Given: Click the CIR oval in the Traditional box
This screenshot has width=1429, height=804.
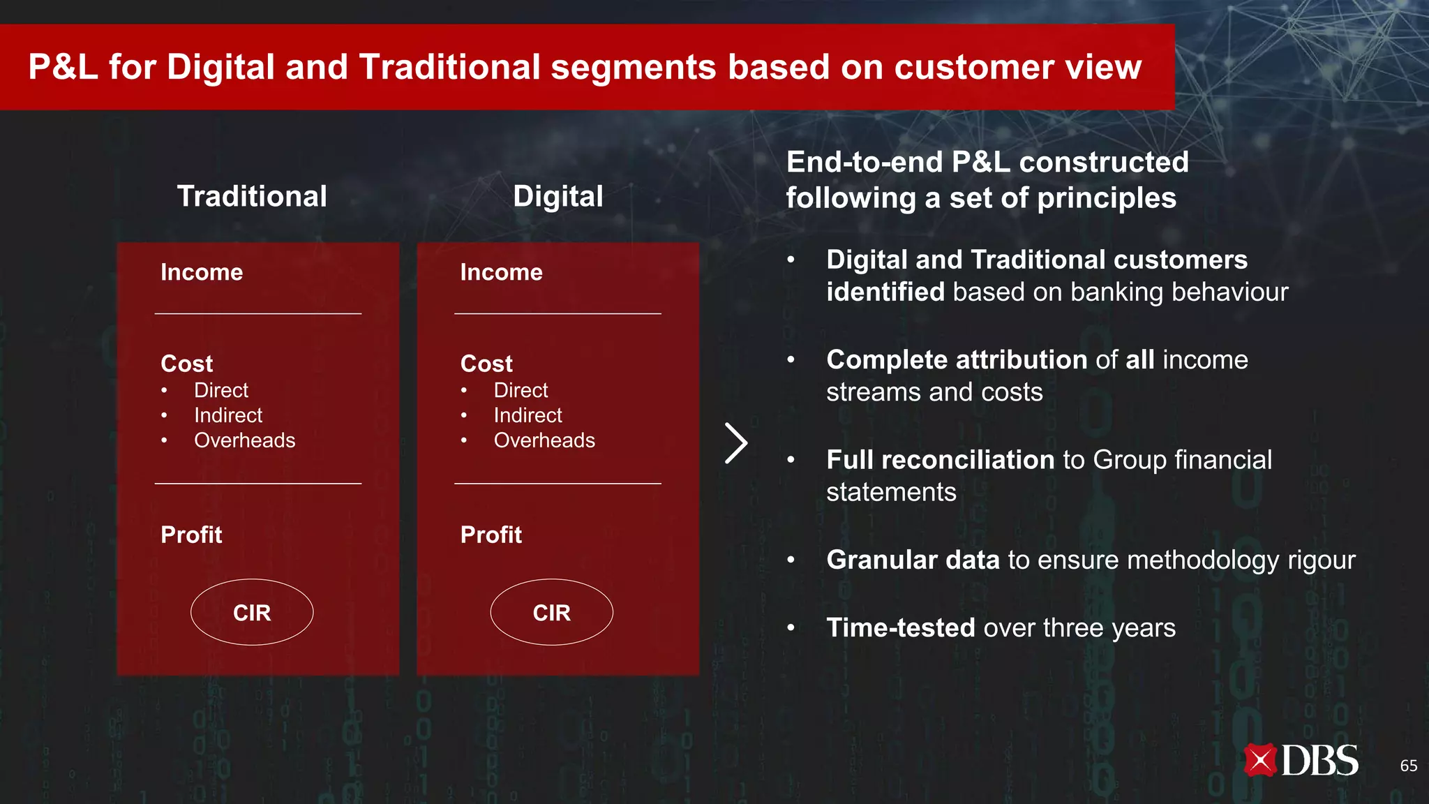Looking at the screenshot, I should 252,612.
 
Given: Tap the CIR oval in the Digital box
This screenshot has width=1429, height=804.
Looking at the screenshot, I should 551,612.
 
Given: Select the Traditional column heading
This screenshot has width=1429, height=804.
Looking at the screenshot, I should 252,196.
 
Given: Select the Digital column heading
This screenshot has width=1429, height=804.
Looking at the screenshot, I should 558,196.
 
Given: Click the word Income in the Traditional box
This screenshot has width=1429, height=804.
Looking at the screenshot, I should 202,272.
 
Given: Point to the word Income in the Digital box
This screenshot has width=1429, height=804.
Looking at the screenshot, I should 501,272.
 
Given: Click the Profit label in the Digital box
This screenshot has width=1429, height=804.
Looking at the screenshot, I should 491,535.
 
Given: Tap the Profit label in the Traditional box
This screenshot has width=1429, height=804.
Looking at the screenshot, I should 191,535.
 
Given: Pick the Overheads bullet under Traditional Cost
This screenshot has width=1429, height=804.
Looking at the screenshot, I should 244,440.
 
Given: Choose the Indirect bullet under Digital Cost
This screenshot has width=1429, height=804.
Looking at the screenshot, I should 528,415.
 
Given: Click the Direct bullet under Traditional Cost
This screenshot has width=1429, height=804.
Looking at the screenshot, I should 220,390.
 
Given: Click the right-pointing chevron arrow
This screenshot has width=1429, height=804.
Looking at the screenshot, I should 736,443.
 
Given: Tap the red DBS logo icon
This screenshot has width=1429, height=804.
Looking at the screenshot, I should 1260,761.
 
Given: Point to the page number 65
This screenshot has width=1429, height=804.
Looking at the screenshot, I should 1408,766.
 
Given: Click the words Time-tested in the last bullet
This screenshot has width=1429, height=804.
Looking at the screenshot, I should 900,627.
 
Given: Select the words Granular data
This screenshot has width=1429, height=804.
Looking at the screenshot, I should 913,560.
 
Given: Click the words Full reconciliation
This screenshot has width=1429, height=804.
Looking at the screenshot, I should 940,460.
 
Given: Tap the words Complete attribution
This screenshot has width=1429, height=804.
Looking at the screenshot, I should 956,360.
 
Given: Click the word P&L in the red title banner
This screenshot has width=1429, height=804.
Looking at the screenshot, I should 63,68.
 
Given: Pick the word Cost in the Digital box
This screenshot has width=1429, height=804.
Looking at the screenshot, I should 486,364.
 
